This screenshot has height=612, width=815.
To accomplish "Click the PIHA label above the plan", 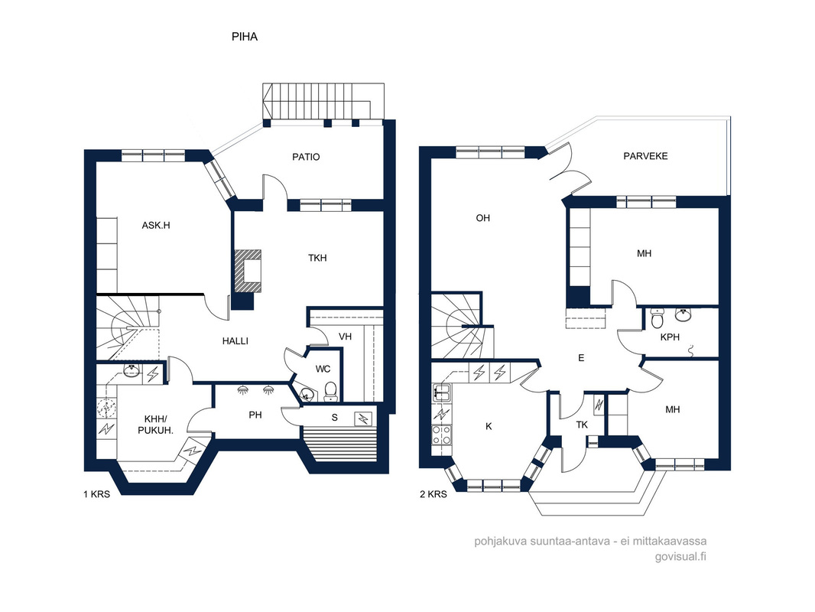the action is point(245,37).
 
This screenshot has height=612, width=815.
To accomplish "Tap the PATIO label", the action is point(306,157).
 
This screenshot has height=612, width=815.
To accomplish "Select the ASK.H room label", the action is point(156,226).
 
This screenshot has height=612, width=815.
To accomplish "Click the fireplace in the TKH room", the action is point(248,271).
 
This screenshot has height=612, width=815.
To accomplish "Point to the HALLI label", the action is point(235,341).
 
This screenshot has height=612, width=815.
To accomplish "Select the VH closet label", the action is point(345,337).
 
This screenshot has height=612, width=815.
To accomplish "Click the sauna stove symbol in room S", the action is point(363,418).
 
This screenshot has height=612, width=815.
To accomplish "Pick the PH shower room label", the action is point(255,415).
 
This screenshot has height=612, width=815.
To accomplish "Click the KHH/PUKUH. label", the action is point(155,425).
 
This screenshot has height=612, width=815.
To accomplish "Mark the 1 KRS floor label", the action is point(96,494).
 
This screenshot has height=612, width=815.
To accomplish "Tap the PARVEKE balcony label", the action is point(645,156).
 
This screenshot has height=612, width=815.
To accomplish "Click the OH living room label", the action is point(483,218).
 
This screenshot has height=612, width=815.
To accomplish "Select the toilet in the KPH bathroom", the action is point(657,317).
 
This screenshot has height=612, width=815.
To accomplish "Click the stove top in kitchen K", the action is point(441,435).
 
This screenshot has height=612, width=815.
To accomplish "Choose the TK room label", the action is point(582,425).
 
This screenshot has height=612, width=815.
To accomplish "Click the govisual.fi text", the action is point(680,556).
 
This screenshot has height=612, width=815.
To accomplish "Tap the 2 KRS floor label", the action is point(433,494).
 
